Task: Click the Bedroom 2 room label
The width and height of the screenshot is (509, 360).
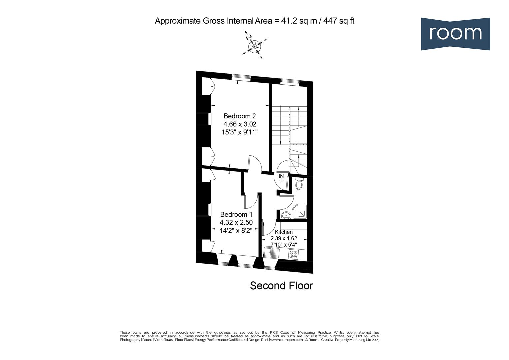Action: pyautogui.click(x=240, y=116)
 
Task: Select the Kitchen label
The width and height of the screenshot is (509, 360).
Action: pyautogui.click(x=284, y=232)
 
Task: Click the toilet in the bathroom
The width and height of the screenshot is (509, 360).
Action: pyautogui.click(x=299, y=184)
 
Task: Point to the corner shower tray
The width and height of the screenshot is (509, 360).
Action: pyautogui.click(x=299, y=212)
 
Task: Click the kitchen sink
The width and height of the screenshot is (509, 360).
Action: pyautogui.click(x=272, y=253)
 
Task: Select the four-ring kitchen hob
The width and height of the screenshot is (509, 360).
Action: pyautogui.click(x=293, y=255)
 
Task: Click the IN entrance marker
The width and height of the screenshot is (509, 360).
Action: pyautogui.click(x=281, y=176)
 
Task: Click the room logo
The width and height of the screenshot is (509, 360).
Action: pyautogui.click(x=455, y=34)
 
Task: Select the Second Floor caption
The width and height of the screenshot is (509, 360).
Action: pyautogui.click(x=281, y=286)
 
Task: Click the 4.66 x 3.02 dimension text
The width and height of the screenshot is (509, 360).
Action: pyautogui.click(x=240, y=124)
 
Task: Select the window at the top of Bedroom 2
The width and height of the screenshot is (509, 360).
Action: pyautogui.click(x=241, y=77)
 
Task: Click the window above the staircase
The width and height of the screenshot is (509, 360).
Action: pyautogui.click(x=290, y=81)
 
